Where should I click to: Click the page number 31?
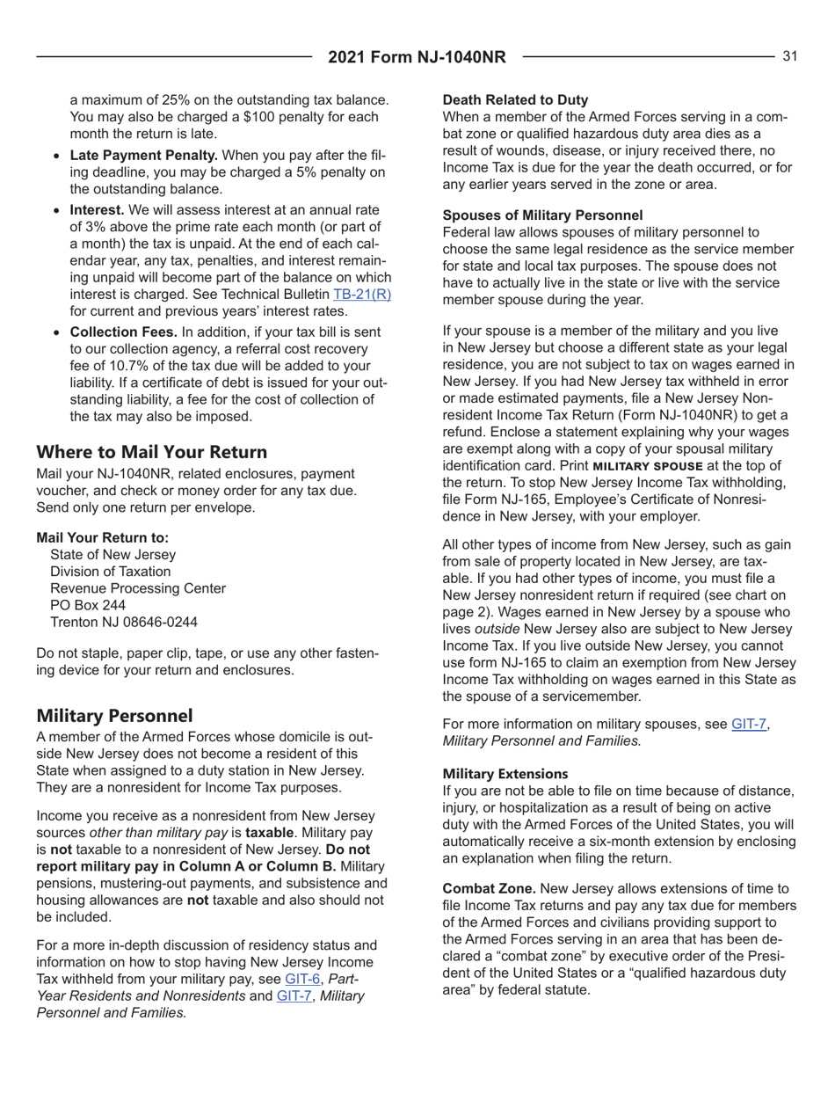click(x=789, y=56)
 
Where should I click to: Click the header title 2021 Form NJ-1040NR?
click(x=417, y=57)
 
